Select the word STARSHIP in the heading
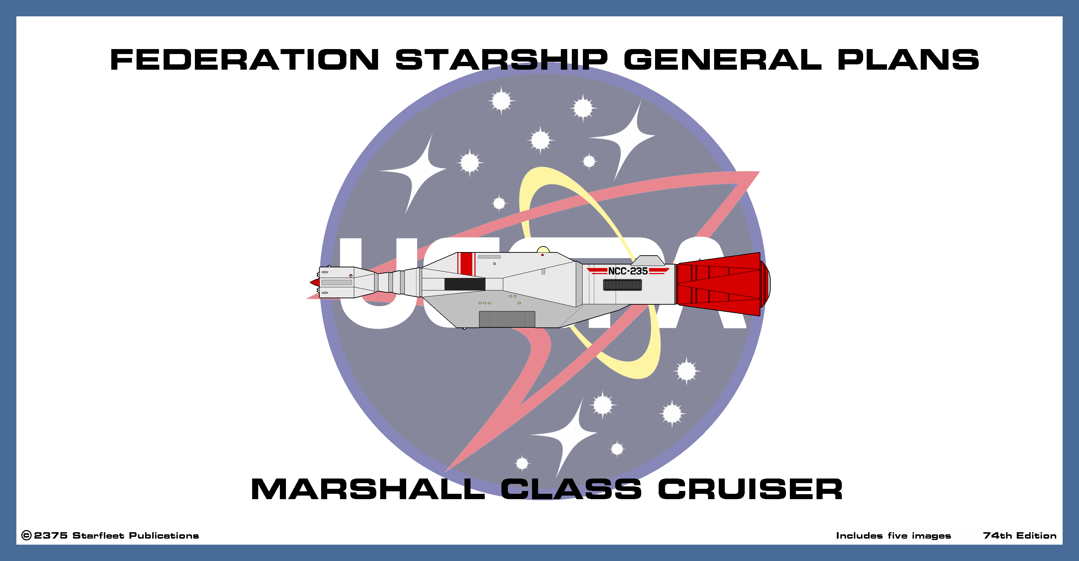(501, 59)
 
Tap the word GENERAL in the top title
(722, 59)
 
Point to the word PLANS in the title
(908, 59)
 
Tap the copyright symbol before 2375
(26, 535)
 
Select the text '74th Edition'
(1020, 535)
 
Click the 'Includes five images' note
(893, 535)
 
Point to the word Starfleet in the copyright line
(98, 535)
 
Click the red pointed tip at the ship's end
(314, 283)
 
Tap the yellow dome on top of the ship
(543, 250)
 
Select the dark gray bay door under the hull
(507, 319)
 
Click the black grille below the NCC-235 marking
(622, 285)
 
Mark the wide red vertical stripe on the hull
(466, 264)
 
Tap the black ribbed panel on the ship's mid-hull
(464, 284)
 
